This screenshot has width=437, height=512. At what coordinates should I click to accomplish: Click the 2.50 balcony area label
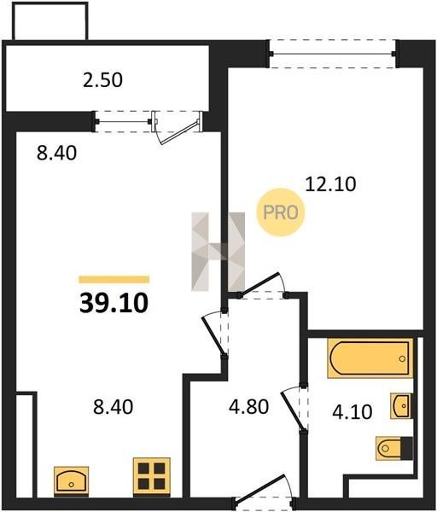[102, 80]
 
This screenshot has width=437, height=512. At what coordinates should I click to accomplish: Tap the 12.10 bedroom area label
[330, 183]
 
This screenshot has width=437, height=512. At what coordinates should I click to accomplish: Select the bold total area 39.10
[114, 303]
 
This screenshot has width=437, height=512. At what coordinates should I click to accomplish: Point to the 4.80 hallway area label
[249, 407]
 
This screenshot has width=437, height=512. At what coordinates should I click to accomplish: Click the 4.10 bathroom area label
[353, 412]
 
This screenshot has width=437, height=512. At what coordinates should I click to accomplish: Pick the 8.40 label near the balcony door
[57, 153]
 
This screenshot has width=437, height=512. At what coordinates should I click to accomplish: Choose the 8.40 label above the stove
[113, 407]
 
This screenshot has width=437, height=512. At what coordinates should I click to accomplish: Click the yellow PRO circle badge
[280, 212]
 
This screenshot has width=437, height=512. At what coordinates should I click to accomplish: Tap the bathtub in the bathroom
[370, 358]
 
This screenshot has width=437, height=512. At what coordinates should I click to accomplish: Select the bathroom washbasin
[401, 406]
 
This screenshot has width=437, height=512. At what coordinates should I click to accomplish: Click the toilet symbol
[393, 448]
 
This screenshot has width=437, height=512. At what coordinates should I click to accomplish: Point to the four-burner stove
[152, 477]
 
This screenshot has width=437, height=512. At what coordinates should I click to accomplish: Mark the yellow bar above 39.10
[114, 280]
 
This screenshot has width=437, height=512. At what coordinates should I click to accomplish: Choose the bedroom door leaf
[259, 283]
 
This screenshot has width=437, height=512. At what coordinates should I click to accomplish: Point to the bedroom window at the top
[333, 54]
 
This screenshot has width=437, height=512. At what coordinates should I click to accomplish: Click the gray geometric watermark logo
[218, 252]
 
